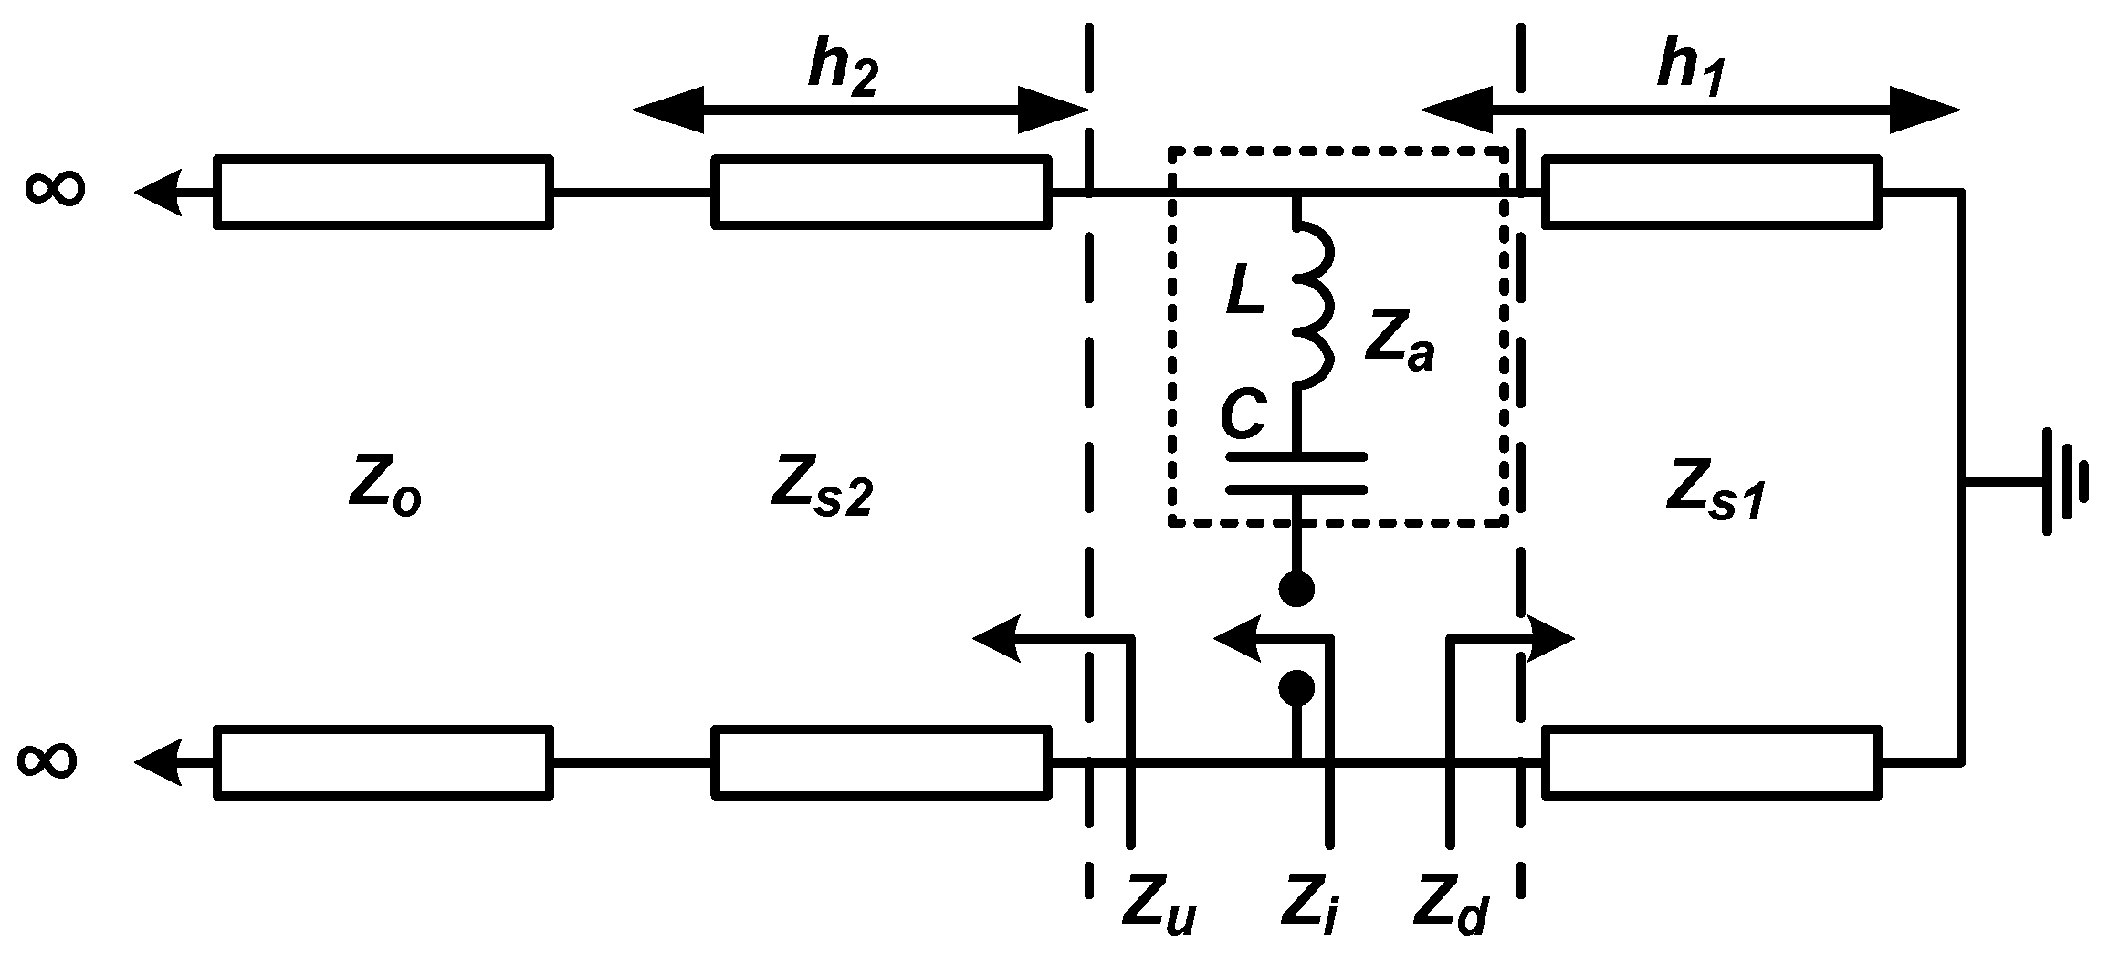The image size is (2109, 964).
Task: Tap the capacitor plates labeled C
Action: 1296,472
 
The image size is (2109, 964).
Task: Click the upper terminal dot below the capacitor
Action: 1296,590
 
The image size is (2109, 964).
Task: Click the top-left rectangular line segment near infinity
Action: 383,192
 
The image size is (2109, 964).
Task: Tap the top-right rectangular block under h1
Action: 1711,192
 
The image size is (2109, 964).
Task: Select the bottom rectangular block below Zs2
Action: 880,762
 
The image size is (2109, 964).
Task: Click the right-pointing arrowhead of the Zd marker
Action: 1552,638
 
